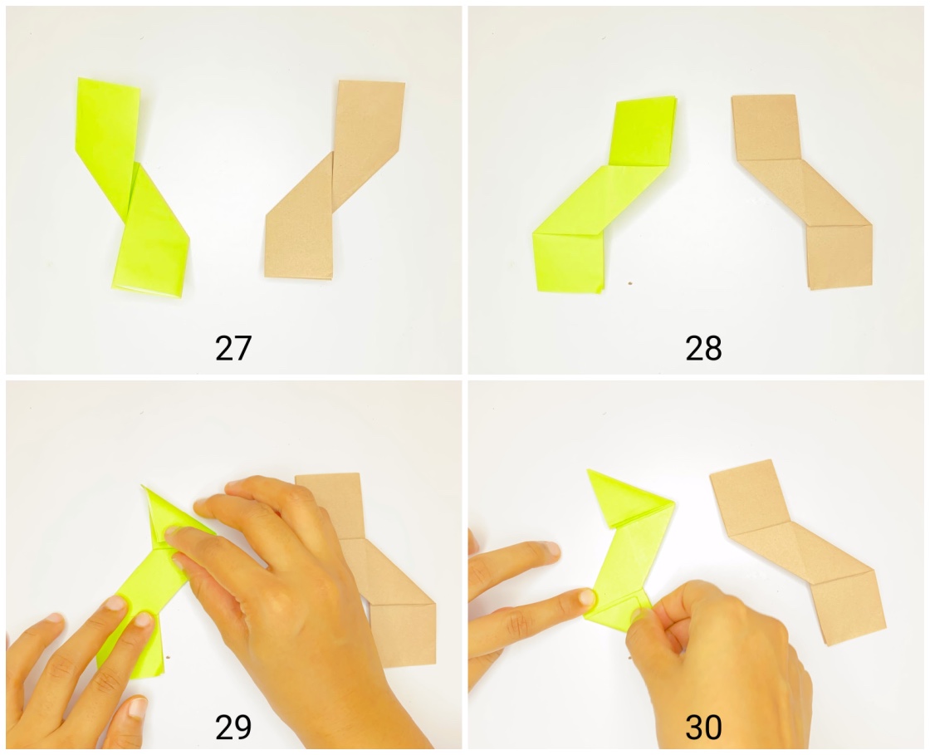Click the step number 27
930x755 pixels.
[232, 349]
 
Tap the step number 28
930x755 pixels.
[703, 349]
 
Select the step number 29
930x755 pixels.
[232, 728]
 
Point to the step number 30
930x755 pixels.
[703, 728]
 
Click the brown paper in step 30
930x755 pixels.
[797, 548]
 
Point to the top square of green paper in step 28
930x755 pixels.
[642, 131]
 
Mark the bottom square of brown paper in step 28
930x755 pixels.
[839, 256]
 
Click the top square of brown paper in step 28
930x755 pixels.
[766, 127]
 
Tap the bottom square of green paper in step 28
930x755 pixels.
[569, 262]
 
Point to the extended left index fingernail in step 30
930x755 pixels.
[586, 597]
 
